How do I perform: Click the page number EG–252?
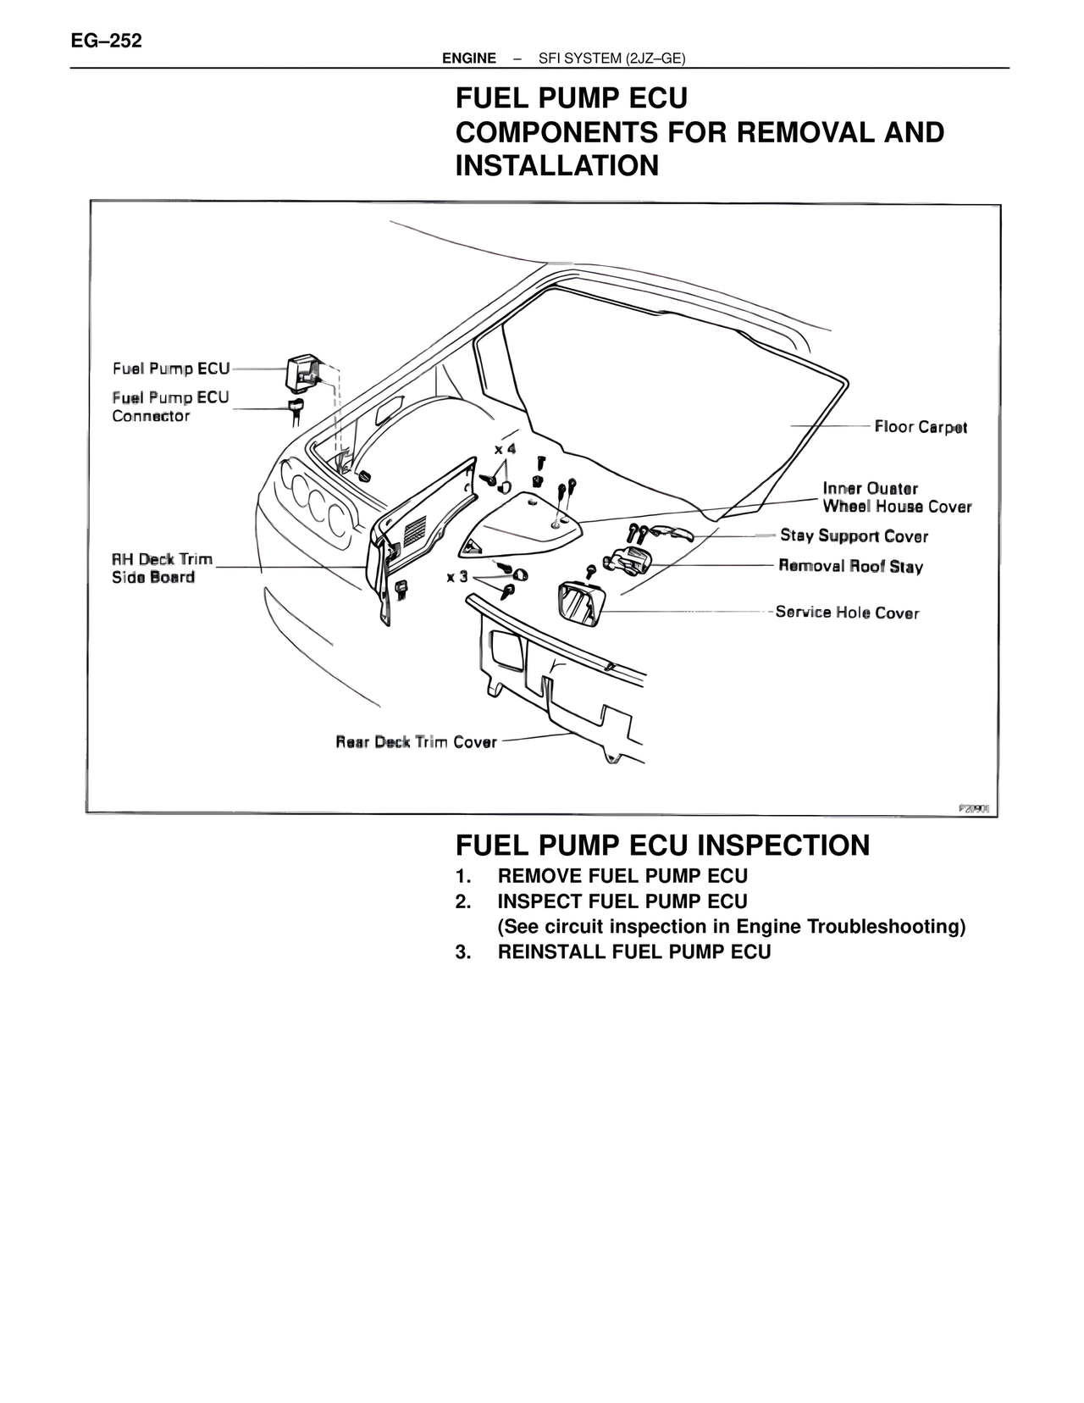(x=107, y=41)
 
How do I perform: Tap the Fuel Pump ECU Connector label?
(x=170, y=407)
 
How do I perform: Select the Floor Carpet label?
(x=921, y=427)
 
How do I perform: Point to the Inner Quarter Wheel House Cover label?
(x=897, y=497)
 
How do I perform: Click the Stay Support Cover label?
(x=854, y=536)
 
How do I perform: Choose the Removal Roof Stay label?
(x=850, y=566)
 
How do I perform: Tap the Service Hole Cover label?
(x=847, y=613)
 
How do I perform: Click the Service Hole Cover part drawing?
(x=581, y=604)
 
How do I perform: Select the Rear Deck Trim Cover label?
(x=416, y=742)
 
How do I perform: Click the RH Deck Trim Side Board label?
(x=162, y=568)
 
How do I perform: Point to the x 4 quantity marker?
(x=506, y=448)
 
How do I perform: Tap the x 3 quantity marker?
(x=457, y=577)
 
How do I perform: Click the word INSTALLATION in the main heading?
(x=556, y=165)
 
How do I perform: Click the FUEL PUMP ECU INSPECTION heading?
(x=662, y=845)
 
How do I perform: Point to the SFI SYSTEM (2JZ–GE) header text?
(x=611, y=58)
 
